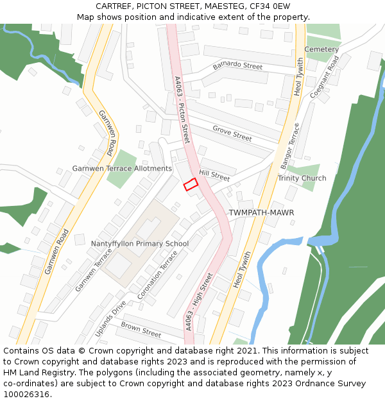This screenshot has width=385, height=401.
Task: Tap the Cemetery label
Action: click(321, 49)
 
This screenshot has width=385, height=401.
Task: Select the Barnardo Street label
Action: click(237, 67)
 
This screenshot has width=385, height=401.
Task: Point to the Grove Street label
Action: click(232, 133)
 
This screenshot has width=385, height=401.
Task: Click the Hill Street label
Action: click(214, 175)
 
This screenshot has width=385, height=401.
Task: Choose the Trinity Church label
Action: click(302, 178)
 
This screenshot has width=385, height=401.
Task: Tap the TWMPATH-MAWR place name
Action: click(261, 212)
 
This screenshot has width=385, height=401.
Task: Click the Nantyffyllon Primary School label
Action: click(139, 244)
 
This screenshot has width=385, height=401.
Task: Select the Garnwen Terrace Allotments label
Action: click(122, 169)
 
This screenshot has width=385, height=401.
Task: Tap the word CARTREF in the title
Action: click(114, 6)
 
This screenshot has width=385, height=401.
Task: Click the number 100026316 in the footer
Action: click(26, 394)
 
